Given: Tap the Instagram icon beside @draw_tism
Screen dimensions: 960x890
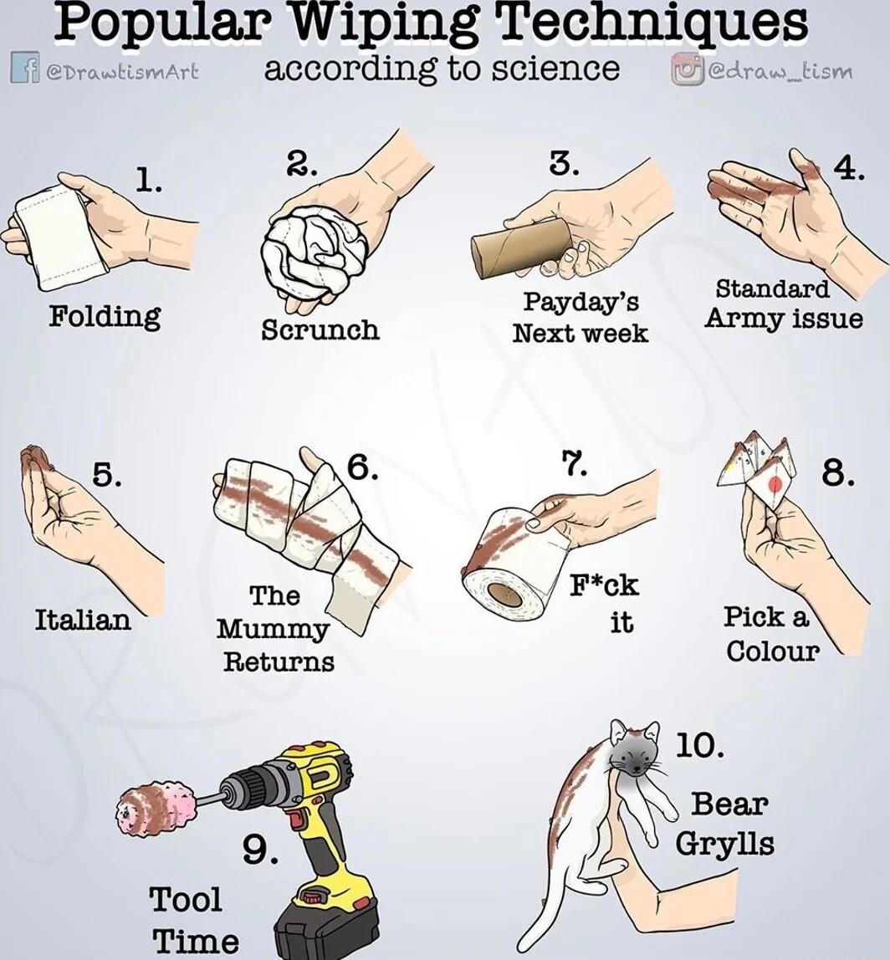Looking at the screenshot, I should click(688, 69).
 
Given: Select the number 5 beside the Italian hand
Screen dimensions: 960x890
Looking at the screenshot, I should click(106, 475).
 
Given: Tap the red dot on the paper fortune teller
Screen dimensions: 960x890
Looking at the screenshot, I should click(775, 483).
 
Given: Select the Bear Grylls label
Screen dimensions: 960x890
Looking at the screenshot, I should click(725, 823).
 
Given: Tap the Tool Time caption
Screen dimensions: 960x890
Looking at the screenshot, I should click(193, 920).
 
